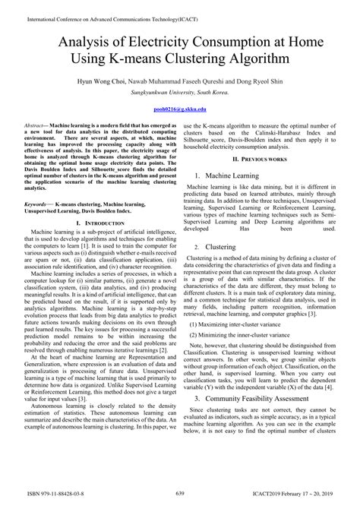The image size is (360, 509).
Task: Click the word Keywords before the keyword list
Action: pos(36,205)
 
